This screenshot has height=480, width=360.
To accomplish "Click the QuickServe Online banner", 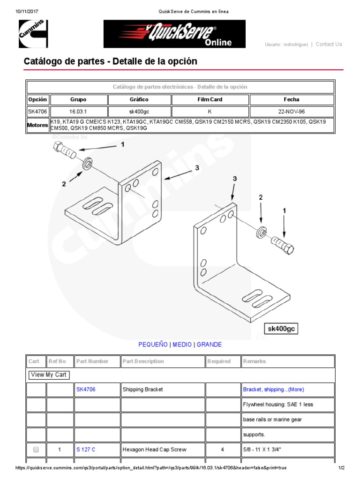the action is (x=174, y=34).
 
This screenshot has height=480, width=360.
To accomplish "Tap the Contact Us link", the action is (x=329, y=45).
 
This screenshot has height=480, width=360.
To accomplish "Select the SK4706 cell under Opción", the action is (x=37, y=112).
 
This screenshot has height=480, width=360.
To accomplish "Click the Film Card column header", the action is (x=210, y=100).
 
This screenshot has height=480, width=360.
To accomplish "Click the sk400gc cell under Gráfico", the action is (x=139, y=112).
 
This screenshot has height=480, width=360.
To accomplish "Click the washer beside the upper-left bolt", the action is (x=87, y=164).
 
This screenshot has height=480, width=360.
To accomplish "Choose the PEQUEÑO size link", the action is (x=153, y=345).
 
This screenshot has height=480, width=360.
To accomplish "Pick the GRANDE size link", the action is (x=209, y=345).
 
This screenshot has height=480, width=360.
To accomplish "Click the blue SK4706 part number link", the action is (x=86, y=390).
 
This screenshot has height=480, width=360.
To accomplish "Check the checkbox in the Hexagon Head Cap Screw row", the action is (x=36, y=450).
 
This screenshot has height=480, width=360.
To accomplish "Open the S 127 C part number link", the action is (x=86, y=450).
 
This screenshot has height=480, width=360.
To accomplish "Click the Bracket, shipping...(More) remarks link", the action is (x=273, y=390).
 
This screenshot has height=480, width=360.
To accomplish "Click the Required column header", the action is (x=219, y=361).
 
